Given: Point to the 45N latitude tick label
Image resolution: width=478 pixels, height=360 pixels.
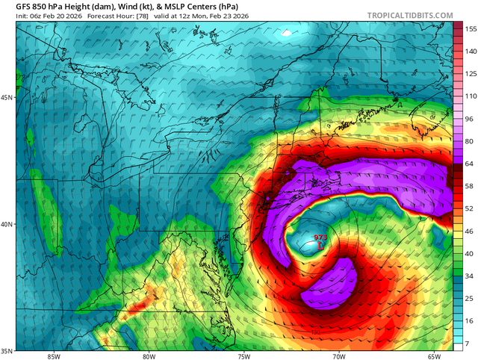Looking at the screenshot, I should [6, 98].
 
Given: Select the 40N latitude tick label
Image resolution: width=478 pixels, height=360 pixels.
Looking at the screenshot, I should [6, 224].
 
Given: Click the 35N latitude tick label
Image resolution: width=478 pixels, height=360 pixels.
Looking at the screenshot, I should [6, 350].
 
